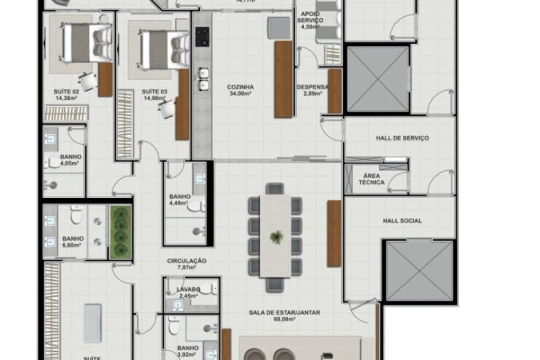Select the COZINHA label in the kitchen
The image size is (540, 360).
click(240, 87)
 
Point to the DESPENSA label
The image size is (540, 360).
click(312, 87)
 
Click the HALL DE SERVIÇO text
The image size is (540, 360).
click(398, 138)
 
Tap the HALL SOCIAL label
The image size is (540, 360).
click(402, 221)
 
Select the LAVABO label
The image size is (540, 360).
click(189, 290)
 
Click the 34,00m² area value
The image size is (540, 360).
click(240, 95)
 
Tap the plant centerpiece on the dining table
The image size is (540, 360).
click(276, 236)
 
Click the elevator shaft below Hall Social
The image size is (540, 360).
click(415, 272)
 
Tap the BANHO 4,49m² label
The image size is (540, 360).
click(180, 200)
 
